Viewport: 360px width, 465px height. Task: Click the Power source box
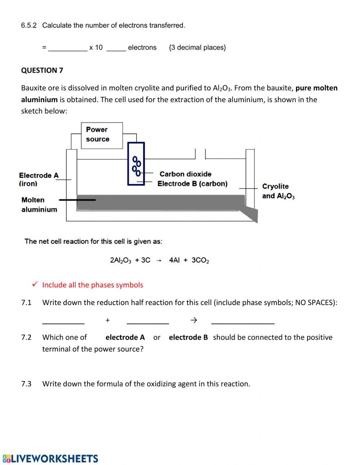(102, 135)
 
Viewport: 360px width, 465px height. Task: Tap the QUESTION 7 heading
(42, 70)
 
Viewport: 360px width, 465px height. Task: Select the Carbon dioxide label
(185, 174)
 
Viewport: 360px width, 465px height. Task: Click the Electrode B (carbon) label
(192, 184)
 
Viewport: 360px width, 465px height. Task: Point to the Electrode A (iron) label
(38, 179)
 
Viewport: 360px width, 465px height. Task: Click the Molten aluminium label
(39, 205)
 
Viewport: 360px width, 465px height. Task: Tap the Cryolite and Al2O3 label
(278, 191)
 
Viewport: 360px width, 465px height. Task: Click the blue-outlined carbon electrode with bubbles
(136, 164)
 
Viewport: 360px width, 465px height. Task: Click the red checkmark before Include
(35, 285)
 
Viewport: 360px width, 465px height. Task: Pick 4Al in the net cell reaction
(174, 260)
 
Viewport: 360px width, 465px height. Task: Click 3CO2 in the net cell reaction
(200, 260)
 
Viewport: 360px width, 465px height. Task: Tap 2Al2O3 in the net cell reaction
(120, 260)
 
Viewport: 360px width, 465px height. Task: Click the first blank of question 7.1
(63, 320)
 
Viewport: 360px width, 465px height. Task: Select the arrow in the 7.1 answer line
(194, 320)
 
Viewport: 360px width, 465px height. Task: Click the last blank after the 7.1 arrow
(243, 320)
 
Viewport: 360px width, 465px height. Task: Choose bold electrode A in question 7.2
(125, 337)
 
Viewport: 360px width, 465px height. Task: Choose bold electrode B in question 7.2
(188, 337)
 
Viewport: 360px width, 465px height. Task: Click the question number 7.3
(26, 384)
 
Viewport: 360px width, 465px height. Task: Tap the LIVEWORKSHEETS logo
(50, 459)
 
